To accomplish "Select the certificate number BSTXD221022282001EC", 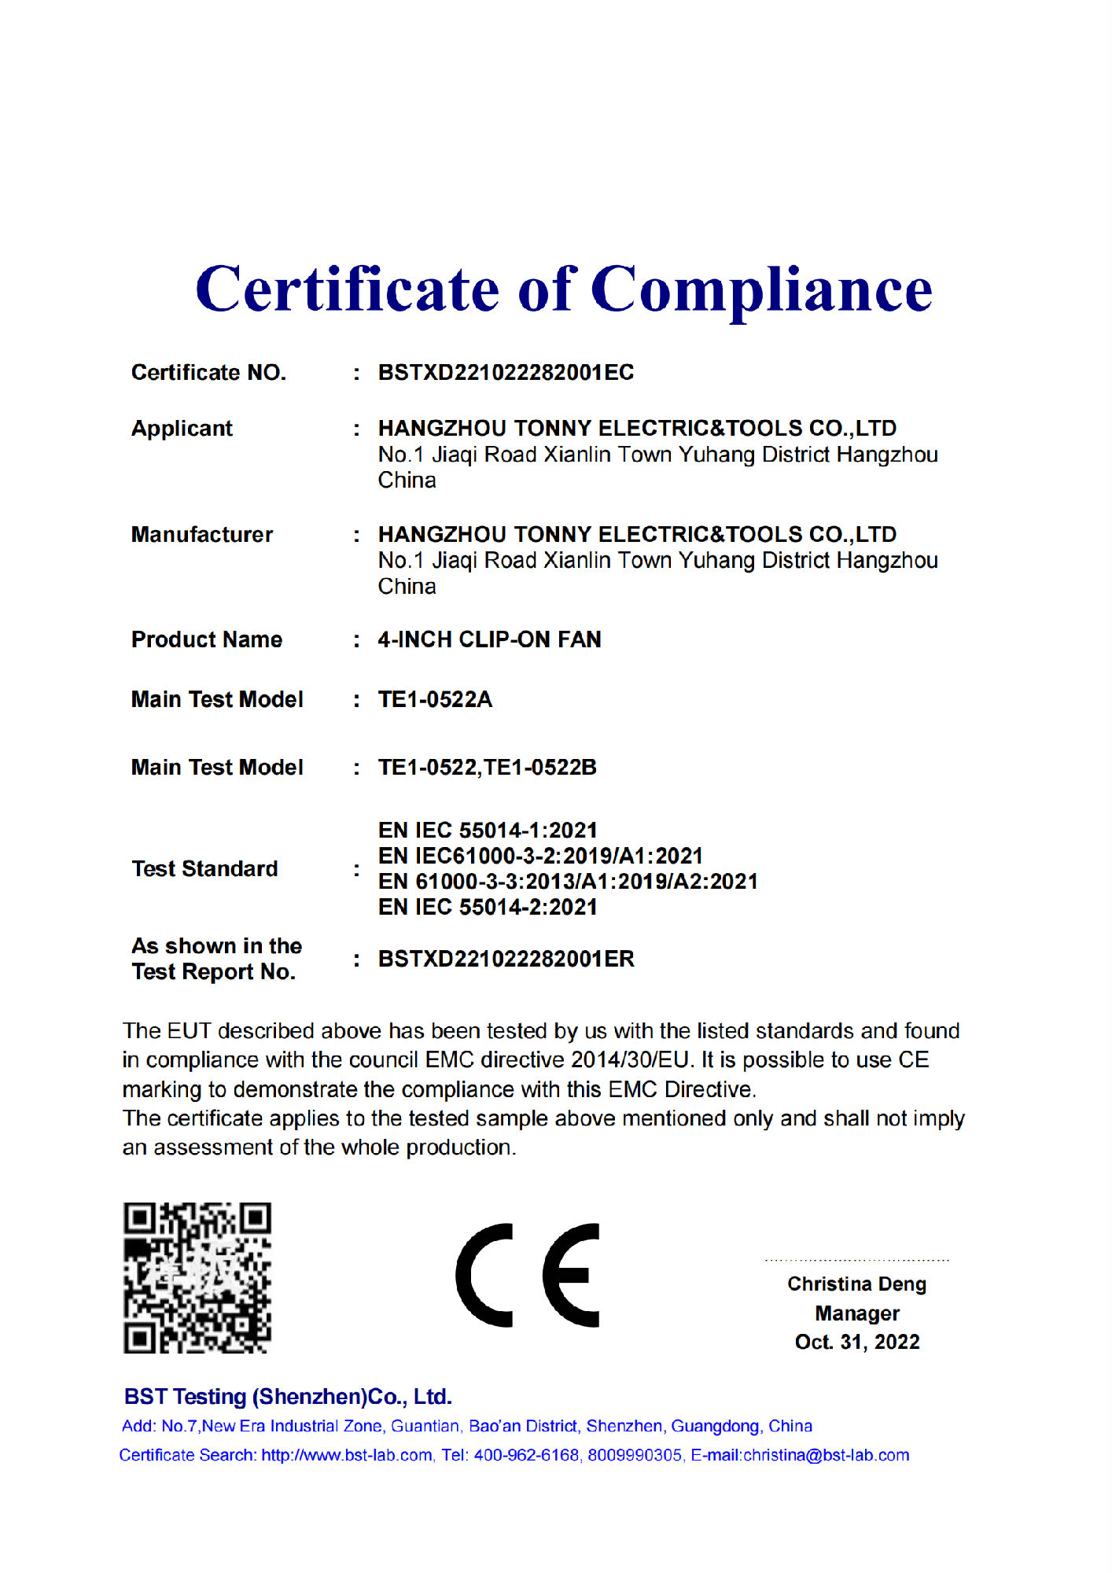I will tap(506, 373).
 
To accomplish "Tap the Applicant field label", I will tap(182, 429).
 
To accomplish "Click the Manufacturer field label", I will tap(202, 535).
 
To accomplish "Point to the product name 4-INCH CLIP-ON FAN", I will tap(489, 639).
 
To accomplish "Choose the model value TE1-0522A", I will tap(435, 699).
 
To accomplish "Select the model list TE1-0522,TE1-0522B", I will tap(487, 767).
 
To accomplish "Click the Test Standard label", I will tap(204, 868).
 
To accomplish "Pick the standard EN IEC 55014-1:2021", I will tap(488, 831).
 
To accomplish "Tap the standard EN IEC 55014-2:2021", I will tap(488, 907).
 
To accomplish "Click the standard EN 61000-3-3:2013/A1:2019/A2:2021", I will tap(568, 882).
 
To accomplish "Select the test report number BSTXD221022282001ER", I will tap(506, 959).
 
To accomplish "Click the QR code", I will tap(197, 1277).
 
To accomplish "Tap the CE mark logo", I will tap(528, 1275).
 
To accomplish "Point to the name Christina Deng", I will tap(856, 1284).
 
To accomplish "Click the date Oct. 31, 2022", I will tap(856, 1342).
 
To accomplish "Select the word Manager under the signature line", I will tap(856, 1313).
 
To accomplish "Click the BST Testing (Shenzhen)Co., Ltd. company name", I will tap(288, 1397).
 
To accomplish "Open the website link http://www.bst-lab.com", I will tap(347, 1455).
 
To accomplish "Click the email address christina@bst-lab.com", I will tap(826, 1455).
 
